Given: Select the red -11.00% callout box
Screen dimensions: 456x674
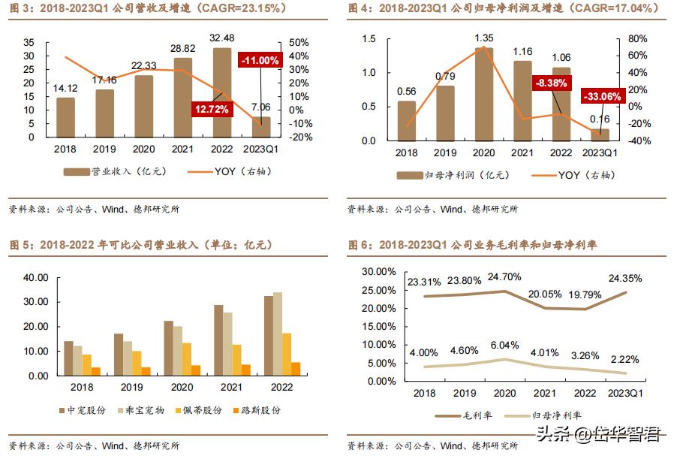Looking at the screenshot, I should pyautogui.click(x=260, y=60).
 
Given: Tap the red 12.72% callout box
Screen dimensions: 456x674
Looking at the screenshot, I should pyautogui.click(x=212, y=109).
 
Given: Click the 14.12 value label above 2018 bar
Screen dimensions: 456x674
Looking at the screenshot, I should pyautogui.click(x=66, y=87).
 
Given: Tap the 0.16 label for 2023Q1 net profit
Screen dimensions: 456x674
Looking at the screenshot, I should pyautogui.click(x=600, y=119).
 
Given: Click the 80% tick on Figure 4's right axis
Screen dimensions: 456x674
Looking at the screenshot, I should pyautogui.click(x=636, y=38).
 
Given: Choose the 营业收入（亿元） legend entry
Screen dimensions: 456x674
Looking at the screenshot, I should pyautogui.click(x=114, y=171).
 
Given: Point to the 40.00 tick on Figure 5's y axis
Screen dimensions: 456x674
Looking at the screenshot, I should pyautogui.click(x=36, y=277).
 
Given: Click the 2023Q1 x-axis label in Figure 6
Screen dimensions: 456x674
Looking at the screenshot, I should pyautogui.click(x=627, y=393).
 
